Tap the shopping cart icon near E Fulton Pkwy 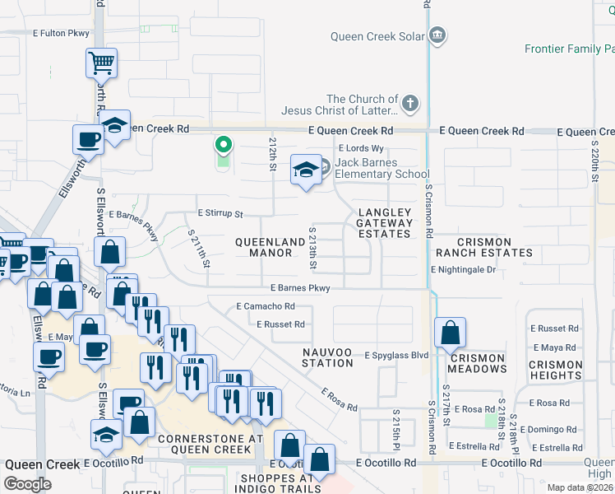point(101,62)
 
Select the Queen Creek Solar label point(378,36)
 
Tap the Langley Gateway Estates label point(384,223)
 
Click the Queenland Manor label point(263,247)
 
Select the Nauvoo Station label point(326,358)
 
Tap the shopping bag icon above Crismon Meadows point(451,333)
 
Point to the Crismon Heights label point(555,370)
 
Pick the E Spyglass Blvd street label point(397,355)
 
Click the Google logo point(27,484)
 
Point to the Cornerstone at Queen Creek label point(204,444)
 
